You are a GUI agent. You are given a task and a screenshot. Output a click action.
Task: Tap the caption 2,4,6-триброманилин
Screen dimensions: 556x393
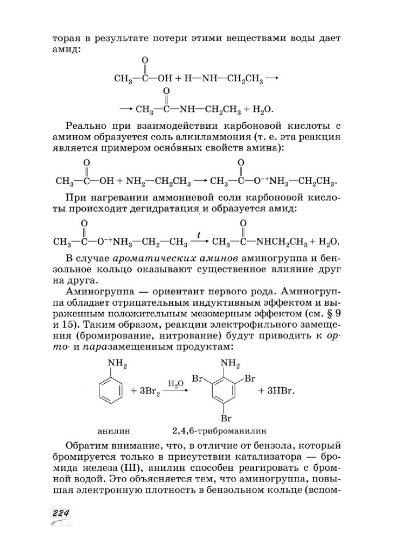point(220,432)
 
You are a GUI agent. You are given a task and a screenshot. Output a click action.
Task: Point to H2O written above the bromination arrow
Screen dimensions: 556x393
point(175,383)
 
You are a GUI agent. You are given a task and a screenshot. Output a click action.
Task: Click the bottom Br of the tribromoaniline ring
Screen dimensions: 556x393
point(226,418)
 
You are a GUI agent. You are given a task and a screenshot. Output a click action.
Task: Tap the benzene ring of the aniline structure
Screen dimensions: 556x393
point(110,390)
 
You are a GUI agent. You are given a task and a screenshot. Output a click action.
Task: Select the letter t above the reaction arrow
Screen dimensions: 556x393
point(199,236)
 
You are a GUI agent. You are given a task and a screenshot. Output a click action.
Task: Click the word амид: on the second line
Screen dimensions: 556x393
point(66,49)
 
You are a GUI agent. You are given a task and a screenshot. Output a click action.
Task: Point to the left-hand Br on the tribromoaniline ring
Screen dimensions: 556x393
point(201,377)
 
